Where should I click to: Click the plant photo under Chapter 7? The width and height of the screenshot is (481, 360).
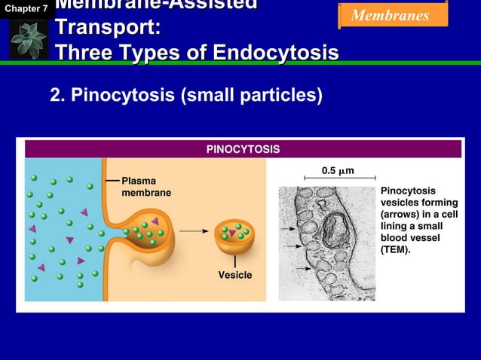click(x=29, y=39)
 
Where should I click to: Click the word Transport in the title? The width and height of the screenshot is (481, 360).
click(x=105, y=29)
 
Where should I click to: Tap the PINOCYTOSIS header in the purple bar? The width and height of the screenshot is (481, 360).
click(x=243, y=149)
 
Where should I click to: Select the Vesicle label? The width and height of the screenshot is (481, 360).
click(x=235, y=275)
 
